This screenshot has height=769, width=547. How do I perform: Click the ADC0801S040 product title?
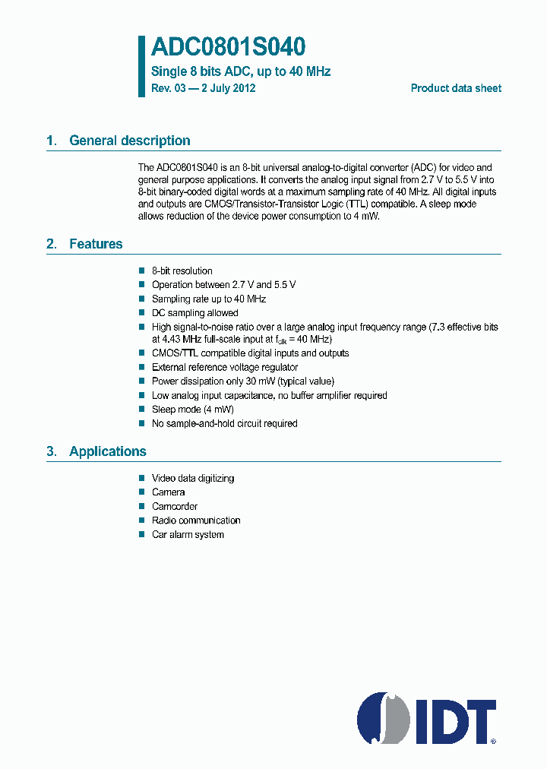coord(228,48)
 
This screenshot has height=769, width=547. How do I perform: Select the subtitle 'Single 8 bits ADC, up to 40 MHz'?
coord(241,72)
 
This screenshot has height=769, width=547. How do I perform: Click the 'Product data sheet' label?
coord(456,88)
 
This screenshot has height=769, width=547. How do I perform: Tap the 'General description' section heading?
coord(129,141)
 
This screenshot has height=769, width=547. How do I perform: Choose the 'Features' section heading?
coord(96,244)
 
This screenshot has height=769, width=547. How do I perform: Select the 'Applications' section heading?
coord(107,451)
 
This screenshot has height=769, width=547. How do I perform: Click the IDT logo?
coord(427,718)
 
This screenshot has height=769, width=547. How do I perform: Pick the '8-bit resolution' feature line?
coord(182,271)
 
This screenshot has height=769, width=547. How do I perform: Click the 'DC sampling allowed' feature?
coord(194,313)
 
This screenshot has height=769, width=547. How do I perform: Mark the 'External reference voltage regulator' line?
coord(225,368)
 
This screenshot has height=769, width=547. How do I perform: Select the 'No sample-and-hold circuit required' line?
coord(224,423)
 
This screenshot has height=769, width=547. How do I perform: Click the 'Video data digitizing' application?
coord(193,479)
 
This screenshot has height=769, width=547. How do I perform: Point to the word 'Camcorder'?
coord(175,507)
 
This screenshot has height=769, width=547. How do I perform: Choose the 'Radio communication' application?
coord(196,521)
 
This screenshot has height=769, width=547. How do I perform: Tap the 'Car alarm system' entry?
coord(188,534)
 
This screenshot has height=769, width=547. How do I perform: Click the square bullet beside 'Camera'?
coord(141,492)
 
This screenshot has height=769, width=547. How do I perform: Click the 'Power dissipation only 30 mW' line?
coord(242,381)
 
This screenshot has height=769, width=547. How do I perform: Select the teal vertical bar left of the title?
coord(141,66)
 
